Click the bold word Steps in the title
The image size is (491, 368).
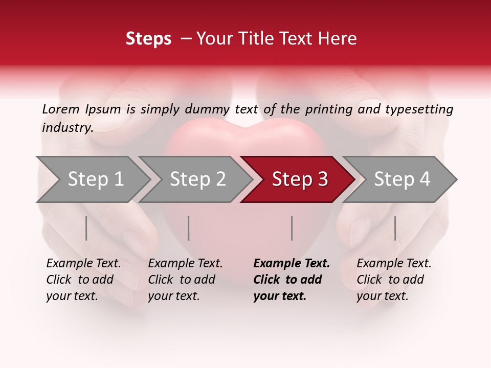148,39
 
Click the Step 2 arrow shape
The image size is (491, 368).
197,179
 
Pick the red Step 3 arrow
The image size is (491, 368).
300,179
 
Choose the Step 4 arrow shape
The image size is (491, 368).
402,179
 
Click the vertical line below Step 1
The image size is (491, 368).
86,228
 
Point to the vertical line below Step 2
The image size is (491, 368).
189,228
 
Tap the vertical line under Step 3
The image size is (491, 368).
292,228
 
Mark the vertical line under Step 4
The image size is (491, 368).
395,228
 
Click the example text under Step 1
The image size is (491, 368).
83,280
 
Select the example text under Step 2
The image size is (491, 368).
185,280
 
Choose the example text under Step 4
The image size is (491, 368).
394,280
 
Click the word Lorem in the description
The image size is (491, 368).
61,109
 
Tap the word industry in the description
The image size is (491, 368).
67,128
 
